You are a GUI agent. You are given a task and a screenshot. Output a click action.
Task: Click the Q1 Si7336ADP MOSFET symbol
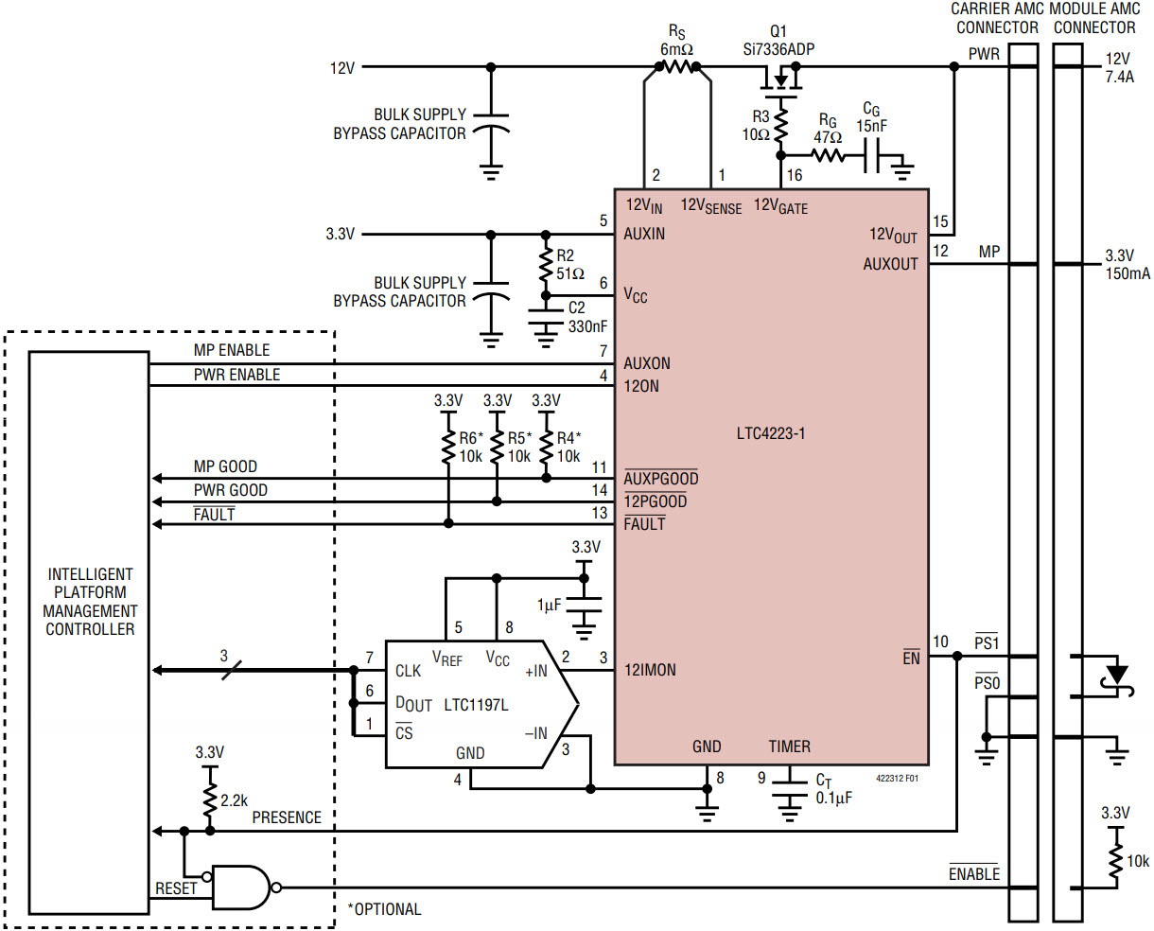pos(780,81)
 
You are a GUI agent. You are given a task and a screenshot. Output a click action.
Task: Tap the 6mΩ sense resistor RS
pos(677,66)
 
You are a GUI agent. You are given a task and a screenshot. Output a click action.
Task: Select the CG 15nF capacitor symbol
pos(871,155)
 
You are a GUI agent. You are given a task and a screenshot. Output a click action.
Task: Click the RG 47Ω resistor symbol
pos(828,155)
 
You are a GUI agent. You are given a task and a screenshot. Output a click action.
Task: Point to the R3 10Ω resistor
pos(780,126)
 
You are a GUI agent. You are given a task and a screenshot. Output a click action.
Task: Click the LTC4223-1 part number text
pos(771,433)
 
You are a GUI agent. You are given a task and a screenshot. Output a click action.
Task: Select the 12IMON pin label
pos(650,670)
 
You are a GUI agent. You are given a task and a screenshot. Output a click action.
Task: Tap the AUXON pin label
pos(647,363)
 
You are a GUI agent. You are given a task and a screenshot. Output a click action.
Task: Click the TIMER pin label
pos(789,747)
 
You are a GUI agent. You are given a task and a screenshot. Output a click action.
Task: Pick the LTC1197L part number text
pos(476,705)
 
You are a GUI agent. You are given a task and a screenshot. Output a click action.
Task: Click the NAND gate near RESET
pos(241,887)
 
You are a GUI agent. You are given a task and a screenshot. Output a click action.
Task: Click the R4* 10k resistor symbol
pos(546,446)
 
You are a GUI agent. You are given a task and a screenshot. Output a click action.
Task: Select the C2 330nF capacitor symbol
pos(546,317)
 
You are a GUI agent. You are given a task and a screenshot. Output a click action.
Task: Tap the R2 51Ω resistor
pos(546,265)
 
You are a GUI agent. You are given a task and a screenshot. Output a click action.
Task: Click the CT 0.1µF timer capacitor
pos(789,789)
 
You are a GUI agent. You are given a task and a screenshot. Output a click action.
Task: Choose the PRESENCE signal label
pos(287,817)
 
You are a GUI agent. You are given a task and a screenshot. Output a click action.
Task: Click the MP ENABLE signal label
pos(232,350)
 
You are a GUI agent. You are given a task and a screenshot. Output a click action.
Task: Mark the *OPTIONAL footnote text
pos(384,909)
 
